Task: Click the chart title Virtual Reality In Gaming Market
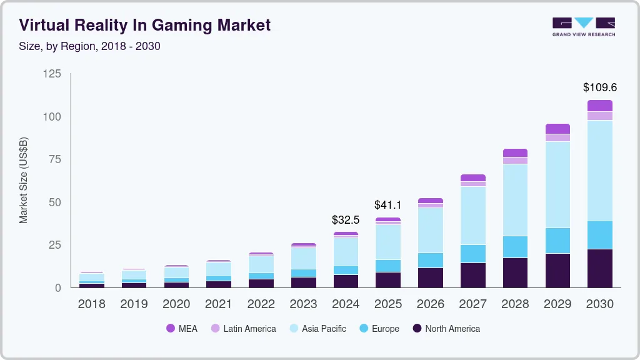(144, 25)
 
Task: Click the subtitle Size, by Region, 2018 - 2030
(89, 46)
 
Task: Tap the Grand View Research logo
(583, 27)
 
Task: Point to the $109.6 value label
(599, 87)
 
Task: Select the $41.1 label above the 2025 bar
(387, 205)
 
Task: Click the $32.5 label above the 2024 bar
(346, 220)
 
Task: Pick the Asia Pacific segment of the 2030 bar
(599, 170)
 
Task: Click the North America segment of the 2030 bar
(599, 268)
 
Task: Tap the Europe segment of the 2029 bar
(557, 241)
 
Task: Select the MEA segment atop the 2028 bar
(515, 152)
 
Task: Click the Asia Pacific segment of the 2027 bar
(473, 216)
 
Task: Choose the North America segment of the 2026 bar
(431, 277)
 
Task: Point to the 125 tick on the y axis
(52, 74)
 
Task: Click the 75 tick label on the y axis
(55, 160)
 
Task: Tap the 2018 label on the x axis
(92, 304)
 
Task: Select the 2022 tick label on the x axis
(261, 304)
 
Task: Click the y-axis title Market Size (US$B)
(24, 180)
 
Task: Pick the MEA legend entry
(182, 329)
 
